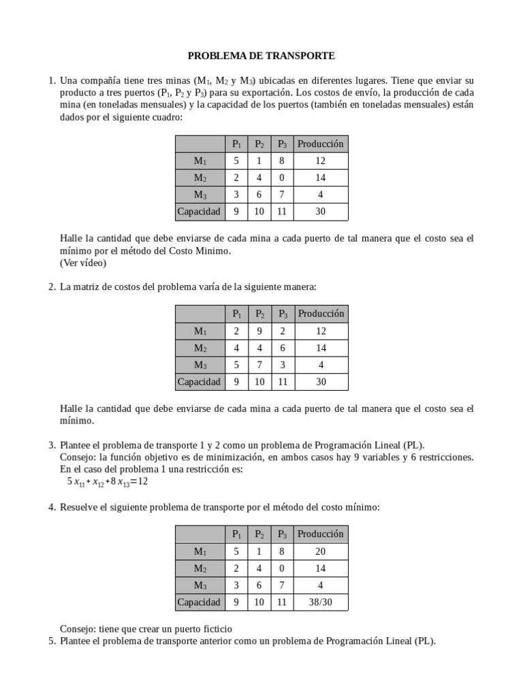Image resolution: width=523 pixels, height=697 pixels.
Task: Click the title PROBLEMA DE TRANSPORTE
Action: [x=261, y=55]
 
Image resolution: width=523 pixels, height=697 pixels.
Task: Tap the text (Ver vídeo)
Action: [x=83, y=263]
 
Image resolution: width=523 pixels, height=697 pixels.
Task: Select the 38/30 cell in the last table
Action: [x=321, y=602]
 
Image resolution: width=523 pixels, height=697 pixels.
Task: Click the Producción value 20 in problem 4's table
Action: [x=321, y=551]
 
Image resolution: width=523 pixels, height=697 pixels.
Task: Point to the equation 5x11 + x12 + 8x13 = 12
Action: [x=107, y=482]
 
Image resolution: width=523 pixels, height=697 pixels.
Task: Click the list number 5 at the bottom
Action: [x=52, y=641]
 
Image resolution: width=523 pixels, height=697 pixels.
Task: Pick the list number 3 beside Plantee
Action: [x=52, y=444]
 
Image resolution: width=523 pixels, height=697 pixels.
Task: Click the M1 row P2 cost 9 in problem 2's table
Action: [x=259, y=331]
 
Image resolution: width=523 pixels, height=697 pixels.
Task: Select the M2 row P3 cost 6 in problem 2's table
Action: [x=282, y=348]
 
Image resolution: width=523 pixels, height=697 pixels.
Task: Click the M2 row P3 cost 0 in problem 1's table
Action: [x=282, y=178]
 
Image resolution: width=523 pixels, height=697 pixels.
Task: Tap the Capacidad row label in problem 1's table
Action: [x=199, y=212]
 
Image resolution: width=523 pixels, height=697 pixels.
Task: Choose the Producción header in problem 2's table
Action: [x=321, y=314]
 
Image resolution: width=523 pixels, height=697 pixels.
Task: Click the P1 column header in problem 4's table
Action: [x=236, y=534]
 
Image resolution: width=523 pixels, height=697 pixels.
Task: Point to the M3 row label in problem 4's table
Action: [x=200, y=585]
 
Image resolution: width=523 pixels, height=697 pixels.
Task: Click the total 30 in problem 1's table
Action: [x=321, y=212]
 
